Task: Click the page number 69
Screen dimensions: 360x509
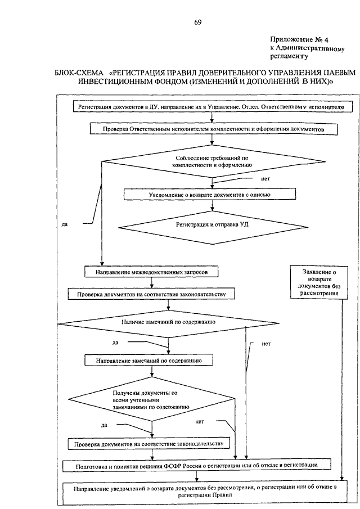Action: click(x=197, y=22)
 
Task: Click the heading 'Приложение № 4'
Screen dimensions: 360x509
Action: click(x=299, y=39)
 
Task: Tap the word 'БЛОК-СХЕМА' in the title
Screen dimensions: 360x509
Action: click(x=79, y=73)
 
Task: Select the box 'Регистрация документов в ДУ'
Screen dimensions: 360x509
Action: click(x=213, y=107)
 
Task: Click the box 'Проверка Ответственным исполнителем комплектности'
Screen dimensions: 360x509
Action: click(x=213, y=129)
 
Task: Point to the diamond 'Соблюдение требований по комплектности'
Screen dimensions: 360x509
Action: click(x=213, y=161)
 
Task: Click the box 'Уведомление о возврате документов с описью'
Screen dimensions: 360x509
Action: click(x=210, y=195)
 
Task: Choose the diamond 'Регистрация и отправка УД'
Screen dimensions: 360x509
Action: click(x=213, y=227)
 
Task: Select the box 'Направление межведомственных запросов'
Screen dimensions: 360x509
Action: click(x=151, y=272)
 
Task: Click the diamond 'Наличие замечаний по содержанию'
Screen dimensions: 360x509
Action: click(x=169, y=323)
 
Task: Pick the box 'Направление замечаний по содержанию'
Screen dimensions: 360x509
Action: click(x=148, y=361)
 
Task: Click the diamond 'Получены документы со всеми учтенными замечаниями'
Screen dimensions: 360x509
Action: click(x=152, y=399)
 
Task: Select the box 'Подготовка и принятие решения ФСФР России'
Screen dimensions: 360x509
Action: click(x=197, y=466)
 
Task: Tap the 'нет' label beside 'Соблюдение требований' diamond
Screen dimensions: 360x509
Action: click(x=265, y=179)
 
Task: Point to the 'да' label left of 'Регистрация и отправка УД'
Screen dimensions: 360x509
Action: click(x=64, y=224)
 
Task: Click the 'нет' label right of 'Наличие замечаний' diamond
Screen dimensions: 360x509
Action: click(x=266, y=344)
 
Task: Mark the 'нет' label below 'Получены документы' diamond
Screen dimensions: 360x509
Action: click(x=199, y=422)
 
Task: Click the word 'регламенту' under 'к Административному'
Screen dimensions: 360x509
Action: click(x=289, y=56)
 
